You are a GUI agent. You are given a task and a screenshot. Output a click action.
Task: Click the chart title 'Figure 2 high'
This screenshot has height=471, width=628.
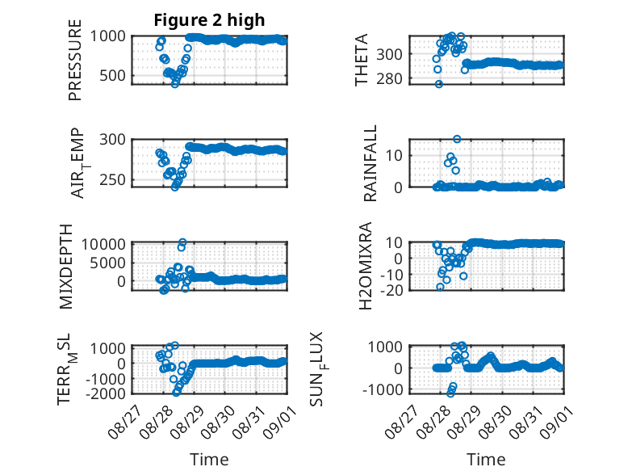pyautogui.click(x=209, y=20)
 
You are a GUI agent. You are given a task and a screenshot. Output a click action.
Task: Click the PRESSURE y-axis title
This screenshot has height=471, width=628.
pyautogui.click(x=75, y=60)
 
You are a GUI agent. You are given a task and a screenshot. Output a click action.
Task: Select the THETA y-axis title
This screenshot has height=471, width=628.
pyautogui.click(x=362, y=60)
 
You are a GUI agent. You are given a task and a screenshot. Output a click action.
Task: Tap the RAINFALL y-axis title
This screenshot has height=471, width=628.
pyautogui.click(x=370, y=163)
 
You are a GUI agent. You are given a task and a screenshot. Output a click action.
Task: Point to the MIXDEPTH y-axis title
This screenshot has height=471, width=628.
pyautogui.click(x=66, y=267)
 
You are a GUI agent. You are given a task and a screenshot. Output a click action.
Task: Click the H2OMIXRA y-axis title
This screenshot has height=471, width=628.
pyautogui.click(x=366, y=266)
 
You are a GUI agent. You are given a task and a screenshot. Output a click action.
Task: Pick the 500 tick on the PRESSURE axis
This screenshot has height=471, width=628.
pyautogui.click(x=112, y=75)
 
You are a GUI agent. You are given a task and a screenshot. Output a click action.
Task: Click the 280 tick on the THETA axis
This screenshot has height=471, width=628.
pyautogui.click(x=389, y=79)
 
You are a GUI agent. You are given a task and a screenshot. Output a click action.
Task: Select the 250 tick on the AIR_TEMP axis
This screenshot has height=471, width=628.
pyautogui.click(x=112, y=179)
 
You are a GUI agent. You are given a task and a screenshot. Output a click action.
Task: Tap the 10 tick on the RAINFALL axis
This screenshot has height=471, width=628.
pyautogui.click(x=394, y=156)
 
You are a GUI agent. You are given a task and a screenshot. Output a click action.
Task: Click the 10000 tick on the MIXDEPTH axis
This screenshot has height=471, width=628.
pyautogui.click(x=104, y=244)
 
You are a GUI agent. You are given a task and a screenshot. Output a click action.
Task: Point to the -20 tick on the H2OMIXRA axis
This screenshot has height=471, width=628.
pyautogui.click(x=391, y=290)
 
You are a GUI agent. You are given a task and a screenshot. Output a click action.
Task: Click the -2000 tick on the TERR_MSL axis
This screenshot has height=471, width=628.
pyautogui.click(x=107, y=393)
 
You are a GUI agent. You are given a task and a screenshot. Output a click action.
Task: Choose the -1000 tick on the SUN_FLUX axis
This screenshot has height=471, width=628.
pyautogui.click(x=383, y=389)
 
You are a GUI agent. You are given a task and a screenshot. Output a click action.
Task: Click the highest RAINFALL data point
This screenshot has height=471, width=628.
pyautogui.click(x=457, y=139)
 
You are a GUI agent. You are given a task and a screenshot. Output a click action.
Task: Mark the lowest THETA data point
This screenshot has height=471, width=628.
pyautogui.click(x=439, y=84)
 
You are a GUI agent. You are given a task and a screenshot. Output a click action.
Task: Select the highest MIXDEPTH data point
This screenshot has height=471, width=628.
pyautogui.click(x=182, y=242)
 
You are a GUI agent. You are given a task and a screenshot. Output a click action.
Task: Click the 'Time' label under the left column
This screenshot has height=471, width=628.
pyautogui.click(x=209, y=459)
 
